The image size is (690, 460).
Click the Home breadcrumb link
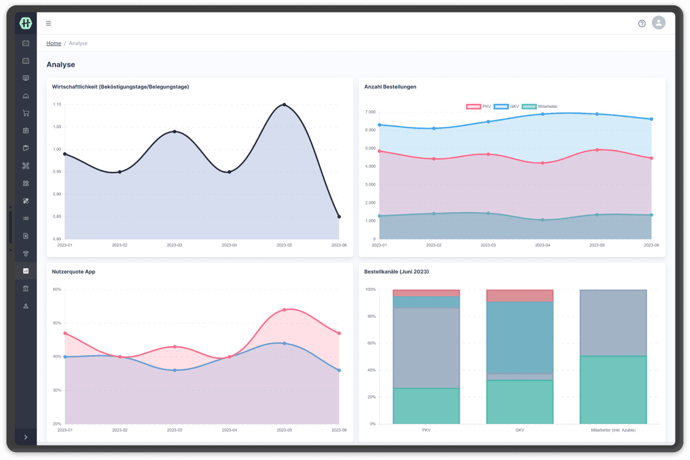(x=53, y=43)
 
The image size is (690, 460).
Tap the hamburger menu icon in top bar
(x=49, y=23)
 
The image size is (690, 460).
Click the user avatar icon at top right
(x=658, y=23)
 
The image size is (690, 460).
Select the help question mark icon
(x=641, y=23)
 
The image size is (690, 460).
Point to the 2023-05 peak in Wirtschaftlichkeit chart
(x=284, y=104)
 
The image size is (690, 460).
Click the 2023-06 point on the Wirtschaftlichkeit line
(x=339, y=217)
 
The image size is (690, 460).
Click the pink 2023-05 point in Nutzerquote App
(x=284, y=310)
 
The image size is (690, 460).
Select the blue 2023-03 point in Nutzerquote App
(x=175, y=370)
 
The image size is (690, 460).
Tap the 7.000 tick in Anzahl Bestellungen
(x=370, y=112)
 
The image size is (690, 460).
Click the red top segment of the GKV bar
(x=520, y=296)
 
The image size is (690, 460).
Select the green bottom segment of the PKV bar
(x=426, y=406)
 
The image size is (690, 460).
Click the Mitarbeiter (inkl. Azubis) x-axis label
(x=613, y=430)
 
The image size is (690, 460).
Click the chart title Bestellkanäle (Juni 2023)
(x=396, y=272)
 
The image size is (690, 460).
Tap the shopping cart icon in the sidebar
(x=25, y=113)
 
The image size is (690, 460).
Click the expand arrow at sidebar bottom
(x=25, y=437)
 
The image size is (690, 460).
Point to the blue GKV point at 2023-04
(x=542, y=114)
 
